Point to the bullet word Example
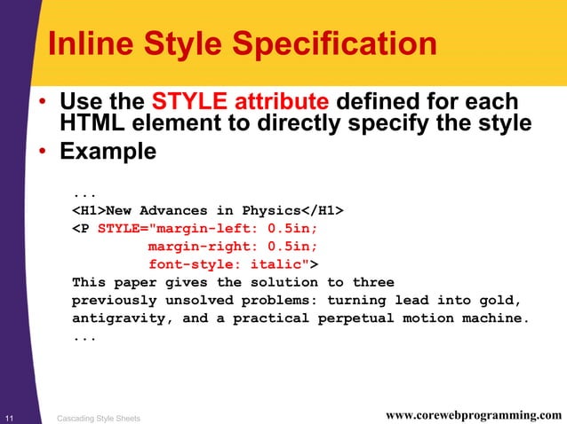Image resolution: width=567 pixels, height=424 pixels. (x=108, y=152)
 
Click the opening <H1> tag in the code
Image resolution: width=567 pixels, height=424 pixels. (x=89, y=209)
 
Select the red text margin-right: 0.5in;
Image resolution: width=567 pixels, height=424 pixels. (x=232, y=246)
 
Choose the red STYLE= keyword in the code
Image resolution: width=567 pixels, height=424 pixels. (x=125, y=228)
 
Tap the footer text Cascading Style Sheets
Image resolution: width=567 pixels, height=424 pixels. (x=98, y=417)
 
